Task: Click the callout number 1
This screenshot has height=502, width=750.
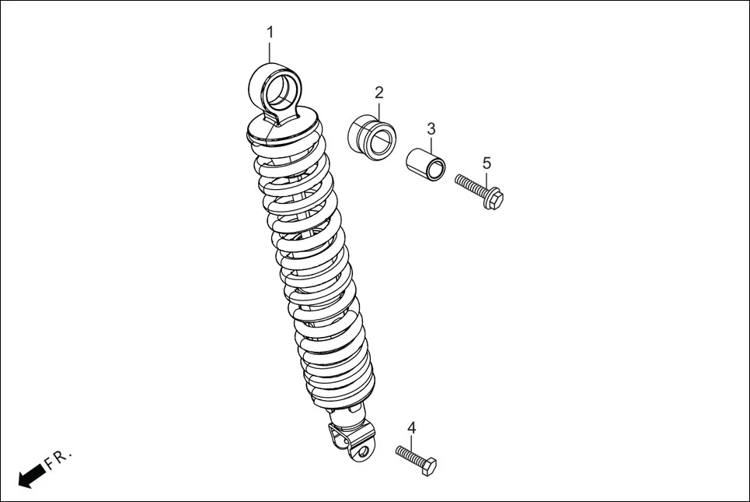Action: tap(270, 33)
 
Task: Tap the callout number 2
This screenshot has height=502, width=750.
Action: tap(378, 93)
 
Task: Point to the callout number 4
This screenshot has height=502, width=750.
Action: tap(412, 427)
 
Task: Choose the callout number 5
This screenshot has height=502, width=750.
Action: tap(487, 163)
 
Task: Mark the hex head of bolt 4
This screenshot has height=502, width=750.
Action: tap(428, 466)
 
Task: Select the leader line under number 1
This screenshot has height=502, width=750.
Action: tap(270, 51)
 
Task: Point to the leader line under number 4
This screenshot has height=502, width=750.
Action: tap(412, 443)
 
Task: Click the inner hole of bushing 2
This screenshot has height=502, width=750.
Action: tap(382, 141)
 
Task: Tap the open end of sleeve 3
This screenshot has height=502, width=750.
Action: tap(438, 168)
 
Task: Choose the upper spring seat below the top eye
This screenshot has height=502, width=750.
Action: tap(284, 128)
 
